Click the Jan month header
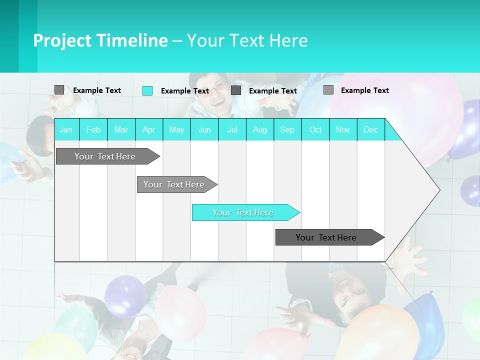coord(66,129)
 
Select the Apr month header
coord(148,129)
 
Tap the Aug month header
coord(259,129)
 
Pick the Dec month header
coord(370,129)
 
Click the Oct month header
coord(315,129)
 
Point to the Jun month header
coord(204,129)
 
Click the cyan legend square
coord(147,90)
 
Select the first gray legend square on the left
coord(59,90)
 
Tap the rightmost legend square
coord(328,90)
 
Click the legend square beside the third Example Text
coord(236,90)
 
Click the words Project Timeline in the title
coord(100,40)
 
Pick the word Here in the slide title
coord(288,40)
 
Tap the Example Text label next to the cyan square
coord(184,91)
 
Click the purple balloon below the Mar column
coord(125,295)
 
